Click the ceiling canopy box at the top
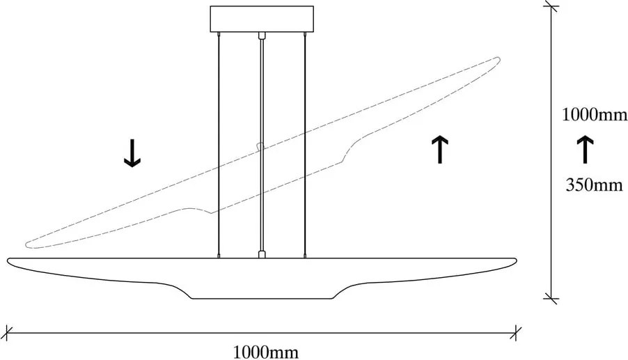261,19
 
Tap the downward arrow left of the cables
132,153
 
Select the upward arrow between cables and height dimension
439,150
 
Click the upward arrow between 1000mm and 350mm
585,150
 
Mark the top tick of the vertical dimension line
552,6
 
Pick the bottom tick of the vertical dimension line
552,298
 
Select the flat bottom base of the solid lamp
262,298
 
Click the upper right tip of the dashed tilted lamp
497,60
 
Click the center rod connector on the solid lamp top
262,254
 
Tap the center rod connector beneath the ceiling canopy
262,35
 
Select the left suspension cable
218,139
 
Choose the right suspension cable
306,139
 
